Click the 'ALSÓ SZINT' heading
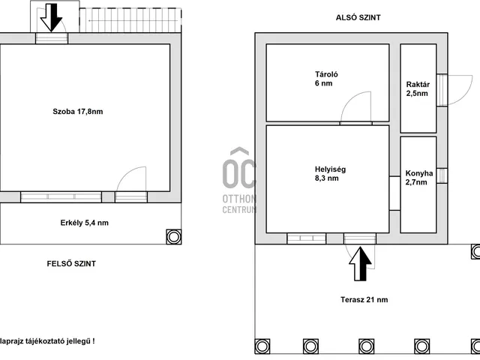[358, 17]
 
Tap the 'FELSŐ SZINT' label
[71, 263]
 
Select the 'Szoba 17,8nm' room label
[78, 112]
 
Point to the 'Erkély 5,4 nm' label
[85, 223]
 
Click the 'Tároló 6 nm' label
[326, 79]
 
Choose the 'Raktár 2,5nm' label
[418, 88]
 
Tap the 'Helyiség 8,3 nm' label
[330, 173]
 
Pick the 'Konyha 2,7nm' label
[418, 178]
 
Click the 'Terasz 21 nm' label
[364, 300]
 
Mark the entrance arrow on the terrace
[360, 264]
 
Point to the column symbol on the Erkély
[173, 237]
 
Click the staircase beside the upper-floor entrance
[130, 20]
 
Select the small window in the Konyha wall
[442, 175]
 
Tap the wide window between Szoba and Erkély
[61, 196]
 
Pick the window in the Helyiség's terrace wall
[307, 238]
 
